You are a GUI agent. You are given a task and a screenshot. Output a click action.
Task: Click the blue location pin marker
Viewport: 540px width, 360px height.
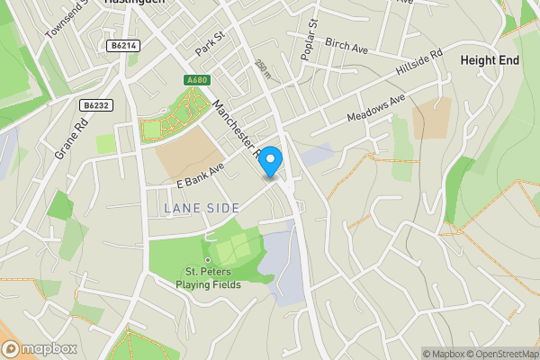click(x=271, y=159)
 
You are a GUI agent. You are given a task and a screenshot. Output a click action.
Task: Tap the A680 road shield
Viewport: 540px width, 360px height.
click(x=197, y=81)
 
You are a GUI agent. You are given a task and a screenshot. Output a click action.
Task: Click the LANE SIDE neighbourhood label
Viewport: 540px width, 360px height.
click(x=202, y=208)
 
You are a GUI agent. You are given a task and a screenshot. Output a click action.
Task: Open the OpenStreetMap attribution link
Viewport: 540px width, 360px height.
click(x=500, y=354)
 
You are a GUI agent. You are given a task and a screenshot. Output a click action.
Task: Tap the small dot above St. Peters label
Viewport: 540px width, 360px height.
click(x=207, y=260)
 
